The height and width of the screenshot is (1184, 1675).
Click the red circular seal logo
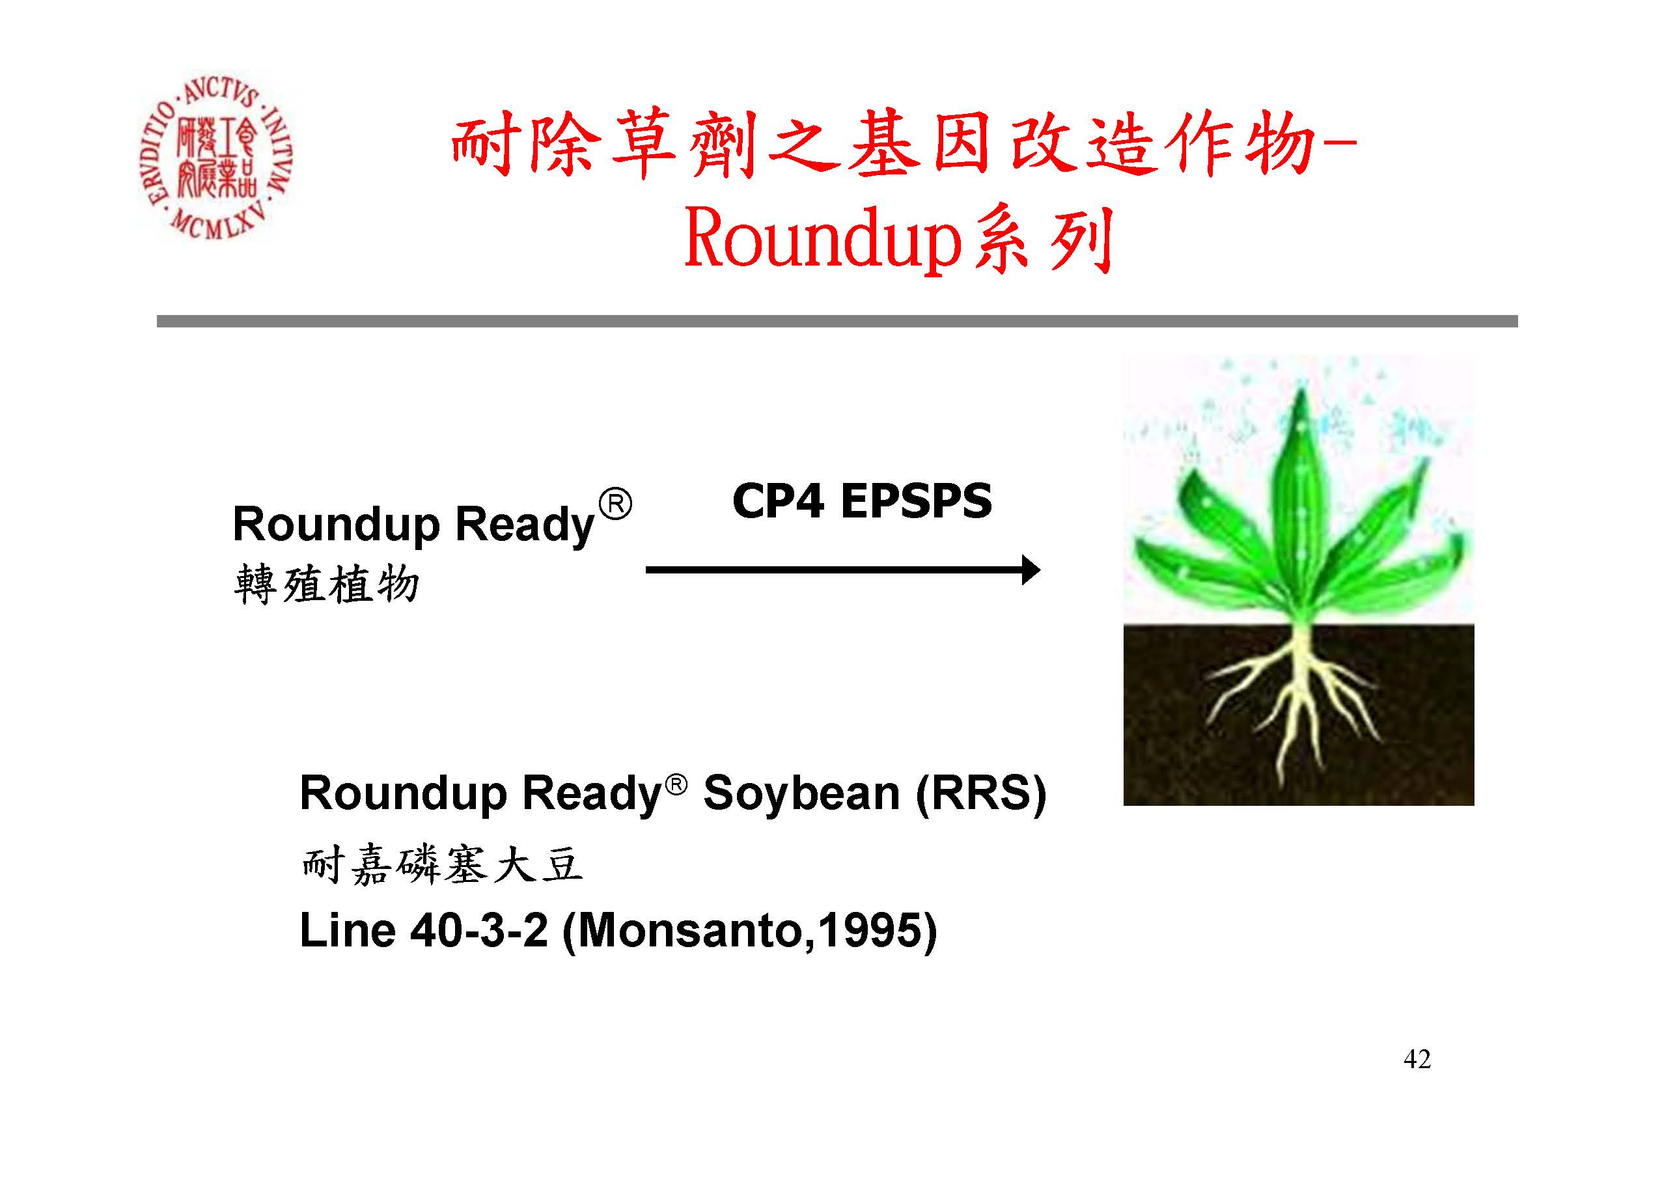click(x=215, y=159)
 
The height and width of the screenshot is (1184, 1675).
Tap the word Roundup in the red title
click(x=822, y=240)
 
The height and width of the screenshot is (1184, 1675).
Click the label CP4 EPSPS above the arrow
click(x=861, y=501)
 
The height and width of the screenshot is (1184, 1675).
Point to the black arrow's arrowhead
click(x=1029, y=570)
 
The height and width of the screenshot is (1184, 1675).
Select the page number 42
click(x=1417, y=1059)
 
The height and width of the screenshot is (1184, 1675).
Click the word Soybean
click(x=801, y=793)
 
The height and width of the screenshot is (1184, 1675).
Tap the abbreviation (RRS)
click(x=980, y=793)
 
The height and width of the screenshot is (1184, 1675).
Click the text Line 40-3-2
click(x=424, y=931)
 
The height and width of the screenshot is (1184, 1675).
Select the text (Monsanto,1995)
click(x=750, y=932)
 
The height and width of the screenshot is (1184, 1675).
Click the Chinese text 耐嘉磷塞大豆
click(x=442, y=865)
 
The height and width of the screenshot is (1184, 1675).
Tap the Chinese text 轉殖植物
click(x=326, y=585)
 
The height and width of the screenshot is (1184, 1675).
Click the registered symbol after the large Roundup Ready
click(x=615, y=506)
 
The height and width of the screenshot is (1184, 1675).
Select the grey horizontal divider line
click(x=837, y=321)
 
